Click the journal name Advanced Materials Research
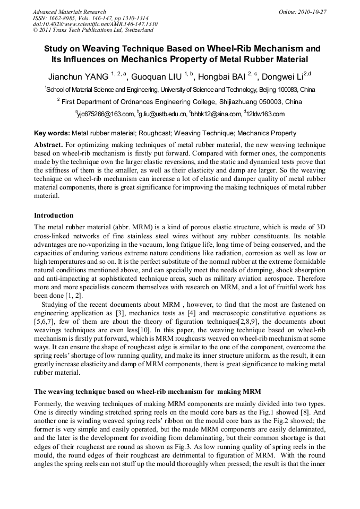69,12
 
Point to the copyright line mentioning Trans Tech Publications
93,30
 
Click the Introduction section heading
54,215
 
